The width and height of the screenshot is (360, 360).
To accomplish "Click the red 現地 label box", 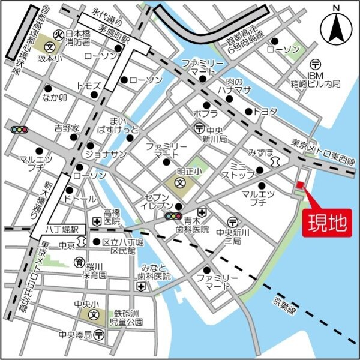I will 328,223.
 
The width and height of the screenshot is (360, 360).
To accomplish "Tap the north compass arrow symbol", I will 336,27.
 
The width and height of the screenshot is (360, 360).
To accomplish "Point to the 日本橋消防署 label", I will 77,38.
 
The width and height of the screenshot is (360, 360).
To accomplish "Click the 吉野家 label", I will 66,128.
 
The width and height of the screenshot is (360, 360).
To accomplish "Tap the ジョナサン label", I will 106,154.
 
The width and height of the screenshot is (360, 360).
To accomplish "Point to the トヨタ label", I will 265,112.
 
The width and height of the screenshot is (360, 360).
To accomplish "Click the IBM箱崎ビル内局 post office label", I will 315,79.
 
